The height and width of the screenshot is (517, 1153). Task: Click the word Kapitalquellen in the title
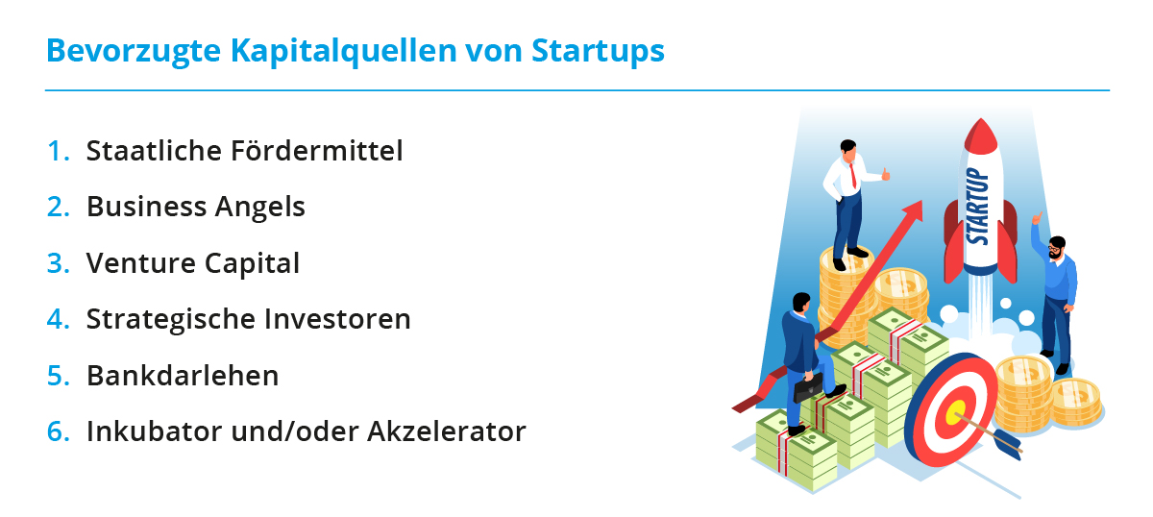point(344,52)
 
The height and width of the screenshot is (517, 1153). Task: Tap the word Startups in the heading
point(598,52)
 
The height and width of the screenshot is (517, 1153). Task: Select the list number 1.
point(58,151)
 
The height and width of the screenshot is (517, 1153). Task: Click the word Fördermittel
point(316,150)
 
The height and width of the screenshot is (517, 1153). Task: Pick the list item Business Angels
point(196,207)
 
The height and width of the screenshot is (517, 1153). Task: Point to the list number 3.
point(58,263)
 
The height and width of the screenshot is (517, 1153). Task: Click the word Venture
point(141,263)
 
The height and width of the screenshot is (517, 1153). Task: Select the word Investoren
point(337,319)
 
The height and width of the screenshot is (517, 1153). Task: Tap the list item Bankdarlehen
point(183,376)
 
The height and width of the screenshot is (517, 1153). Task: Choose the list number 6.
point(58,431)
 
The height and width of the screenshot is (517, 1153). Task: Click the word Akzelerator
point(446,431)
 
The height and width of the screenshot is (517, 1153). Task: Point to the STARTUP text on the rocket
point(977,207)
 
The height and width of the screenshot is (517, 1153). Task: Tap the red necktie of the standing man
point(853,176)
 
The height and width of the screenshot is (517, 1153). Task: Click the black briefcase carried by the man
point(808,387)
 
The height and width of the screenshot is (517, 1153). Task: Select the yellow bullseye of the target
point(956,412)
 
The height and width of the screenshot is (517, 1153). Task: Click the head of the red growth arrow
point(912,211)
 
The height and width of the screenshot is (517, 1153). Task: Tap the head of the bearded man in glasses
point(1057,248)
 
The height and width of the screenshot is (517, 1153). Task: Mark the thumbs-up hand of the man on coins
point(885,174)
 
